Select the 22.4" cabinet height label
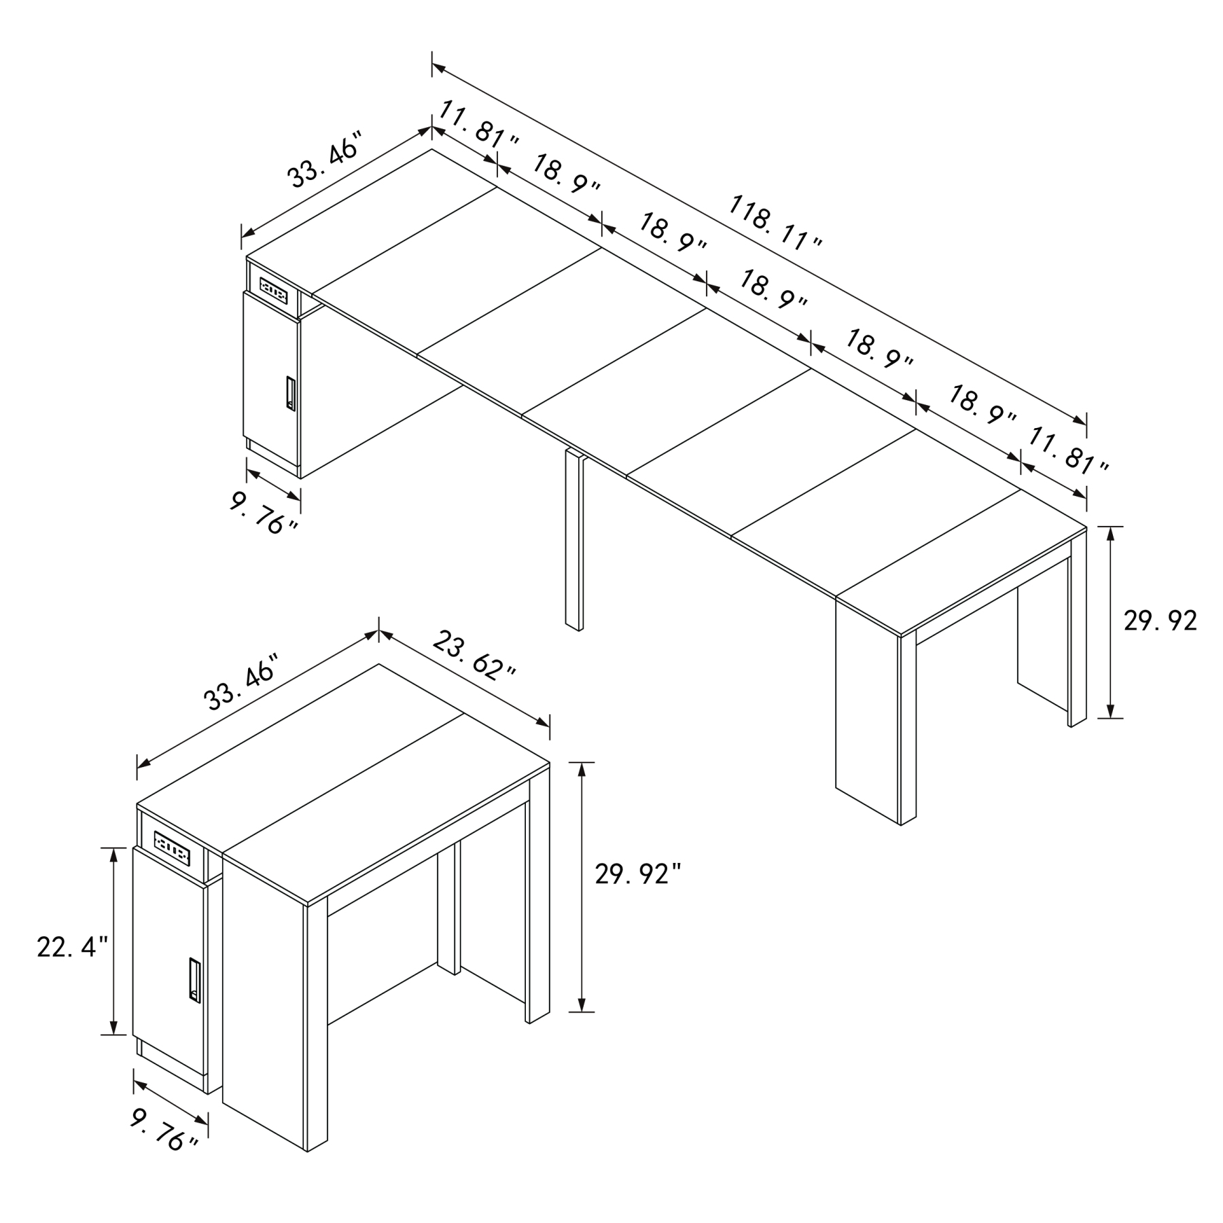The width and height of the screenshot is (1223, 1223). [x=72, y=947]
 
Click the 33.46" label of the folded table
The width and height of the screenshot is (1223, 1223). [x=242, y=682]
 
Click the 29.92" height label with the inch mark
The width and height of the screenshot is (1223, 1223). [x=637, y=874]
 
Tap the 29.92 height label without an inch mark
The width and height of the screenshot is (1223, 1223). [x=1160, y=620]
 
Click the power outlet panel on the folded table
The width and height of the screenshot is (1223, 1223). [x=171, y=846]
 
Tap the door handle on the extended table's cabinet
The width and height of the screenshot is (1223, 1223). [x=290, y=393]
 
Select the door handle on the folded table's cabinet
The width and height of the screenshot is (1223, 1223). [x=194, y=980]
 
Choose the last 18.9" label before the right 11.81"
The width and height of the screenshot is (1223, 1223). [x=982, y=405]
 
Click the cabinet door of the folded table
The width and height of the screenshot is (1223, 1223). [x=169, y=965]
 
